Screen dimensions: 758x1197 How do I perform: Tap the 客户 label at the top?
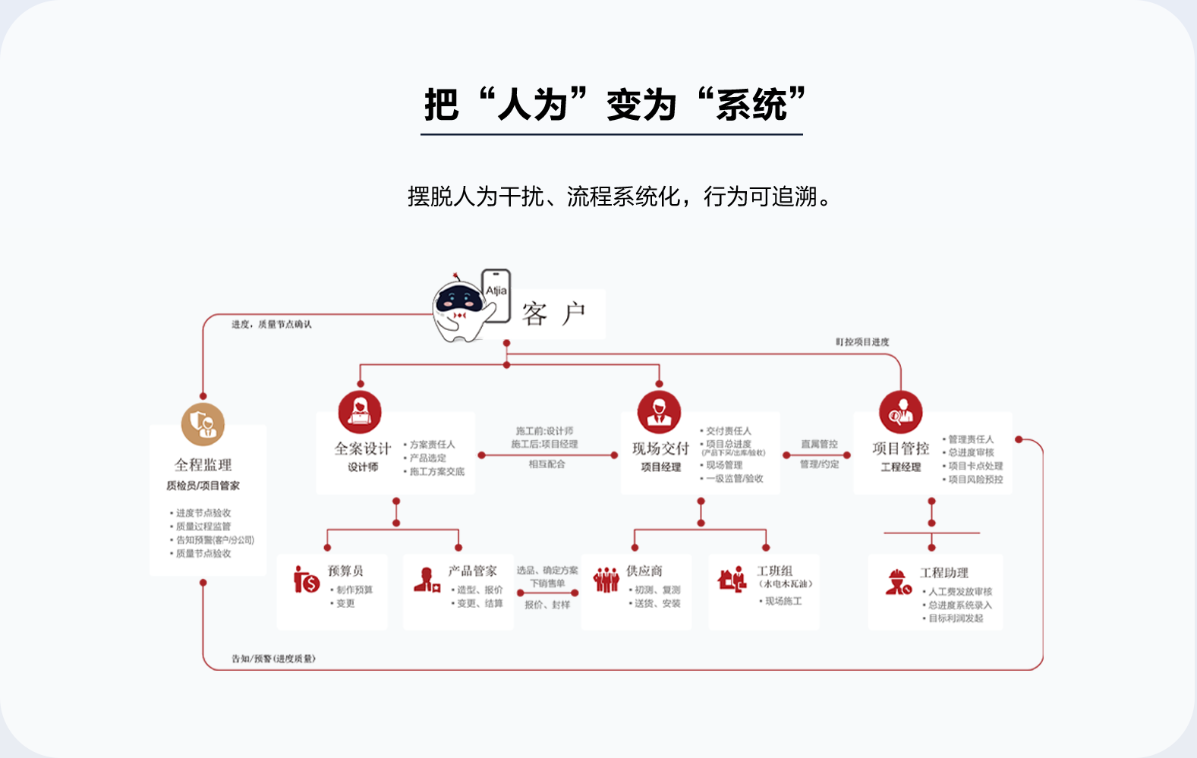tap(553, 313)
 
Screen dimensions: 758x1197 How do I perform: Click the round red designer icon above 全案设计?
tap(360, 413)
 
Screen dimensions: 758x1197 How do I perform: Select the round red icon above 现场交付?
tap(659, 413)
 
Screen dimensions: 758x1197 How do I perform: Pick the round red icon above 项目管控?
tap(900, 413)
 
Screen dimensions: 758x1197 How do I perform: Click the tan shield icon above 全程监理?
tap(203, 423)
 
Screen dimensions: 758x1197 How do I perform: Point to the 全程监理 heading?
tap(203, 464)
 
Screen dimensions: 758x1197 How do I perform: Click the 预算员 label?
tap(345, 571)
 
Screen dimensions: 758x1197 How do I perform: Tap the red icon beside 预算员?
tap(307, 580)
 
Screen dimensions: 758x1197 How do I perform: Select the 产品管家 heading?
tap(472, 571)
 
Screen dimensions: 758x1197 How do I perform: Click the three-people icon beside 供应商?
tap(606, 580)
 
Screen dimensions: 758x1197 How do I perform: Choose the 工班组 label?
tap(775, 571)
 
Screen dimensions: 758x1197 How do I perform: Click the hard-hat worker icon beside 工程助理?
tap(898, 583)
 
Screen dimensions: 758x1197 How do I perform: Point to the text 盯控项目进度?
tap(862, 342)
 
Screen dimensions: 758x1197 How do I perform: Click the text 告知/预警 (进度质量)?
tap(273, 659)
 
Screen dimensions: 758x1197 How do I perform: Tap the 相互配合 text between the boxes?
tap(547, 464)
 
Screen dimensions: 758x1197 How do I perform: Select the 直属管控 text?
tap(819, 444)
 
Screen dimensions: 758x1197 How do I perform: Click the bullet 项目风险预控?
tap(975, 480)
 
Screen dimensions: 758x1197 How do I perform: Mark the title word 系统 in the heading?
tap(751, 105)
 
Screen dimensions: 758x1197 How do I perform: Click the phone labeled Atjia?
tap(496, 294)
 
